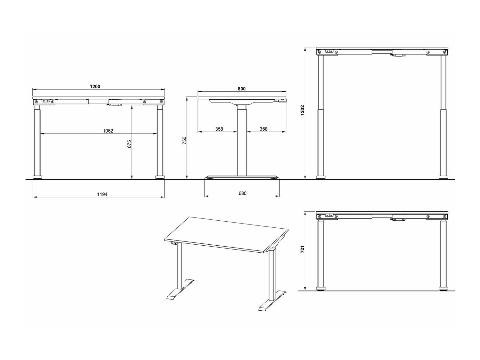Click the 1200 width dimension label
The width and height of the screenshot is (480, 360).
click(x=95, y=86)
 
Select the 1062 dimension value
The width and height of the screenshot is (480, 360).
click(x=108, y=131)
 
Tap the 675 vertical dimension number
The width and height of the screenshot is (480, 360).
click(x=129, y=144)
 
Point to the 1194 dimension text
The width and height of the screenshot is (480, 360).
click(x=102, y=194)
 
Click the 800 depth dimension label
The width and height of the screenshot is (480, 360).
click(x=242, y=89)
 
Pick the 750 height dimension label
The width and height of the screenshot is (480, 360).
click(x=184, y=140)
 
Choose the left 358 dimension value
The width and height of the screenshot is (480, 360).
click(x=219, y=129)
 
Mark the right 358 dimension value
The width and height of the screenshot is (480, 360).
click(x=263, y=129)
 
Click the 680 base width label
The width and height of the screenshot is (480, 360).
click(x=243, y=193)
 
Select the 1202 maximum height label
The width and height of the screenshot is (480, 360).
click(x=302, y=110)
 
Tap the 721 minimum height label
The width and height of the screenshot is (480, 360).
click(x=302, y=249)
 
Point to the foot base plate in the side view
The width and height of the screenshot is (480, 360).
click(x=242, y=177)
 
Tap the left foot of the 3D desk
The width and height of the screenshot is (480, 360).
click(x=180, y=289)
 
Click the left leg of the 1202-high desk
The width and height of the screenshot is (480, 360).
click(x=320, y=116)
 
